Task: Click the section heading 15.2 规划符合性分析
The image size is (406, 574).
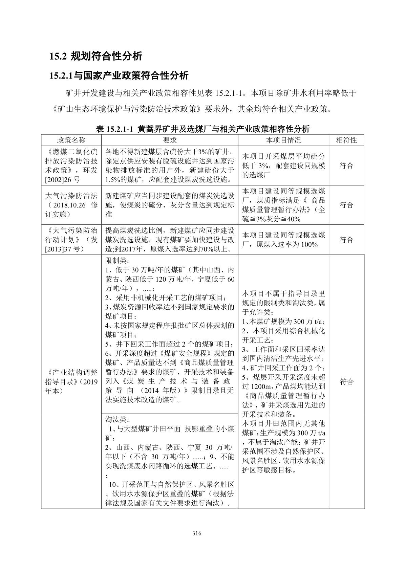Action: pos(96,56)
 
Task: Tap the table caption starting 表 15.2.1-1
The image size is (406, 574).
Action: pos(203,129)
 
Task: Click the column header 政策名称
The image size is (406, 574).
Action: pos(71,140)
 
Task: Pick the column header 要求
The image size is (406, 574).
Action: pos(169,140)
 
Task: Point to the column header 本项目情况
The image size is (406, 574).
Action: pos(283,140)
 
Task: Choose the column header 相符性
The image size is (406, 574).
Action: pos(346,140)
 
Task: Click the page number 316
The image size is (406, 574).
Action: pos(197,533)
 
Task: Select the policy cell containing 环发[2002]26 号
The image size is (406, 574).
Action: pos(71,165)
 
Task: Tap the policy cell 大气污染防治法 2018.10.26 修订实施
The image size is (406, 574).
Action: pos(71,205)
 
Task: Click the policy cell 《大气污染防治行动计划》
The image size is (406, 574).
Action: pos(71,240)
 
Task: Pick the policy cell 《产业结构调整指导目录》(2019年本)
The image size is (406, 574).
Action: pos(71,382)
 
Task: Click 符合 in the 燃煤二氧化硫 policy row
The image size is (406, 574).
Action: pos(346,165)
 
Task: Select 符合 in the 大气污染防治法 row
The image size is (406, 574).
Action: pos(346,205)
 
